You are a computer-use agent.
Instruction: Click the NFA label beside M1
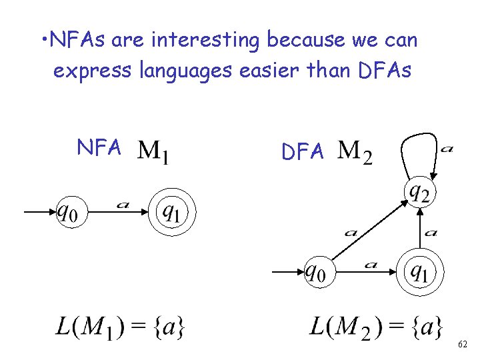coord(99,147)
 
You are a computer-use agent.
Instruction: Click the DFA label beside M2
coord(303,153)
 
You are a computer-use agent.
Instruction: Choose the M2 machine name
coord(355,152)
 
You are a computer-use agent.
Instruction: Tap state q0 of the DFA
coord(319,272)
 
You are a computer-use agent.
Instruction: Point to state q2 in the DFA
coord(419,193)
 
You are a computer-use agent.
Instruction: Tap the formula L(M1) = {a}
coord(120,328)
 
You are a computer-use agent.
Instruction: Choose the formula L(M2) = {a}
coord(375,328)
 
